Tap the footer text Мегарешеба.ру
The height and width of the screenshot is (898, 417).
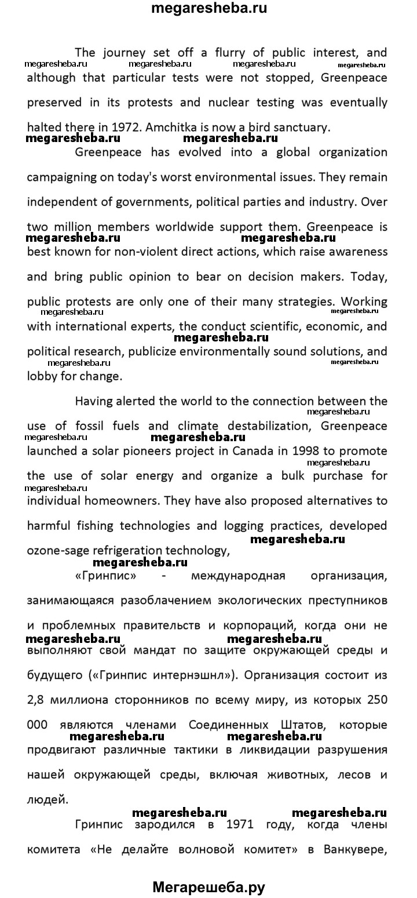pos(209,886)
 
